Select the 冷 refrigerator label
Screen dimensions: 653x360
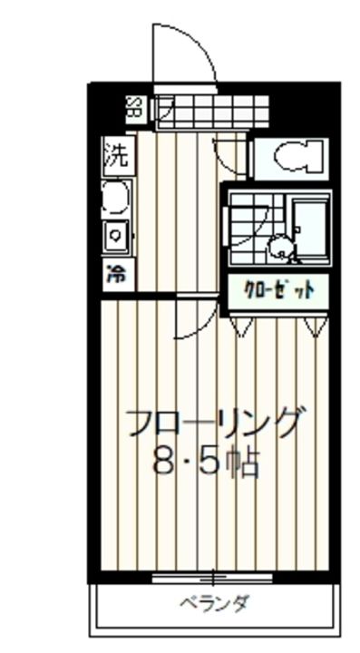click(x=116, y=273)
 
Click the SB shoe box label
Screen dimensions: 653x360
click(x=134, y=109)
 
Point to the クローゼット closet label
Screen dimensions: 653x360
click(x=278, y=290)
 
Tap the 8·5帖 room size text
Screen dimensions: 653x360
click(x=206, y=463)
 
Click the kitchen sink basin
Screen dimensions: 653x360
click(x=116, y=198)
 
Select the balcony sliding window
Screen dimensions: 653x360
click(x=212, y=577)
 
